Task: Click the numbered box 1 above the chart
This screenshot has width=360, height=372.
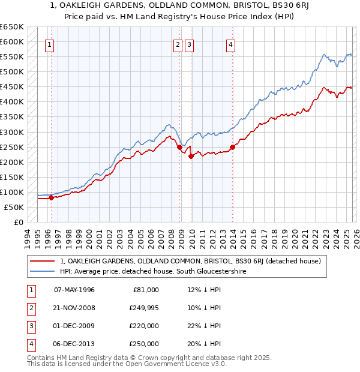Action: click(50, 44)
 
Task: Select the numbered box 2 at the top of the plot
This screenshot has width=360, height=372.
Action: click(178, 44)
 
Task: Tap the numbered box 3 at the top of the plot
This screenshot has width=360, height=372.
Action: click(189, 44)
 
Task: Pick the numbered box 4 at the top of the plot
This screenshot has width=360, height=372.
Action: click(230, 44)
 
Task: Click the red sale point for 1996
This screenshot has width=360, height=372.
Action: click(51, 197)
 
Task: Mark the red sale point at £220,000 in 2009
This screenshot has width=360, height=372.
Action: click(191, 156)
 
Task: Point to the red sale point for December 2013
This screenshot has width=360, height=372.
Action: click(232, 147)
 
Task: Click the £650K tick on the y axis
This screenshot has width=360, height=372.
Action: click(12, 27)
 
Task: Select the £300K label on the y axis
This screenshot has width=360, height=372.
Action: click(12, 132)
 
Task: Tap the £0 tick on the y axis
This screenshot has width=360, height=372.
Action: click(19, 222)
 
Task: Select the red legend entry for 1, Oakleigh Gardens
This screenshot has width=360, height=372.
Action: click(191, 261)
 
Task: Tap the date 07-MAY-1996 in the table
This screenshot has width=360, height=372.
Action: click(74, 290)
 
